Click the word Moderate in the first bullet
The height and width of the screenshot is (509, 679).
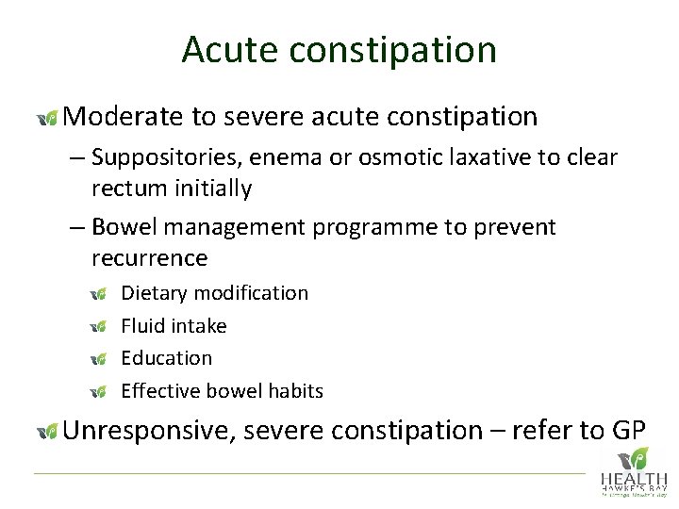point(124,117)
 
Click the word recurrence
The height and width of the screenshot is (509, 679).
point(149,258)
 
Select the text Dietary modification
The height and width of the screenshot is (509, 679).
point(215,293)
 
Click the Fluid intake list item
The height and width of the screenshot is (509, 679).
point(174,325)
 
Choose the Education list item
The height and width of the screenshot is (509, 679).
point(167,358)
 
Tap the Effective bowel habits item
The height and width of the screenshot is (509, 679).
point(223,391)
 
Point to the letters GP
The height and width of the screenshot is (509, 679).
point(628,431)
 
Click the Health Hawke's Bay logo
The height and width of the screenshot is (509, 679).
point(633,471)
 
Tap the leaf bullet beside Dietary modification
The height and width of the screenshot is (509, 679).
point(99,294)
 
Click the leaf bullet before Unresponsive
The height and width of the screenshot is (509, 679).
point(46,432)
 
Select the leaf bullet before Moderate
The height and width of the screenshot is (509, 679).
point(46,118)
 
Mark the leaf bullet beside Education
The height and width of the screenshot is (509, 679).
point(99,359)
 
